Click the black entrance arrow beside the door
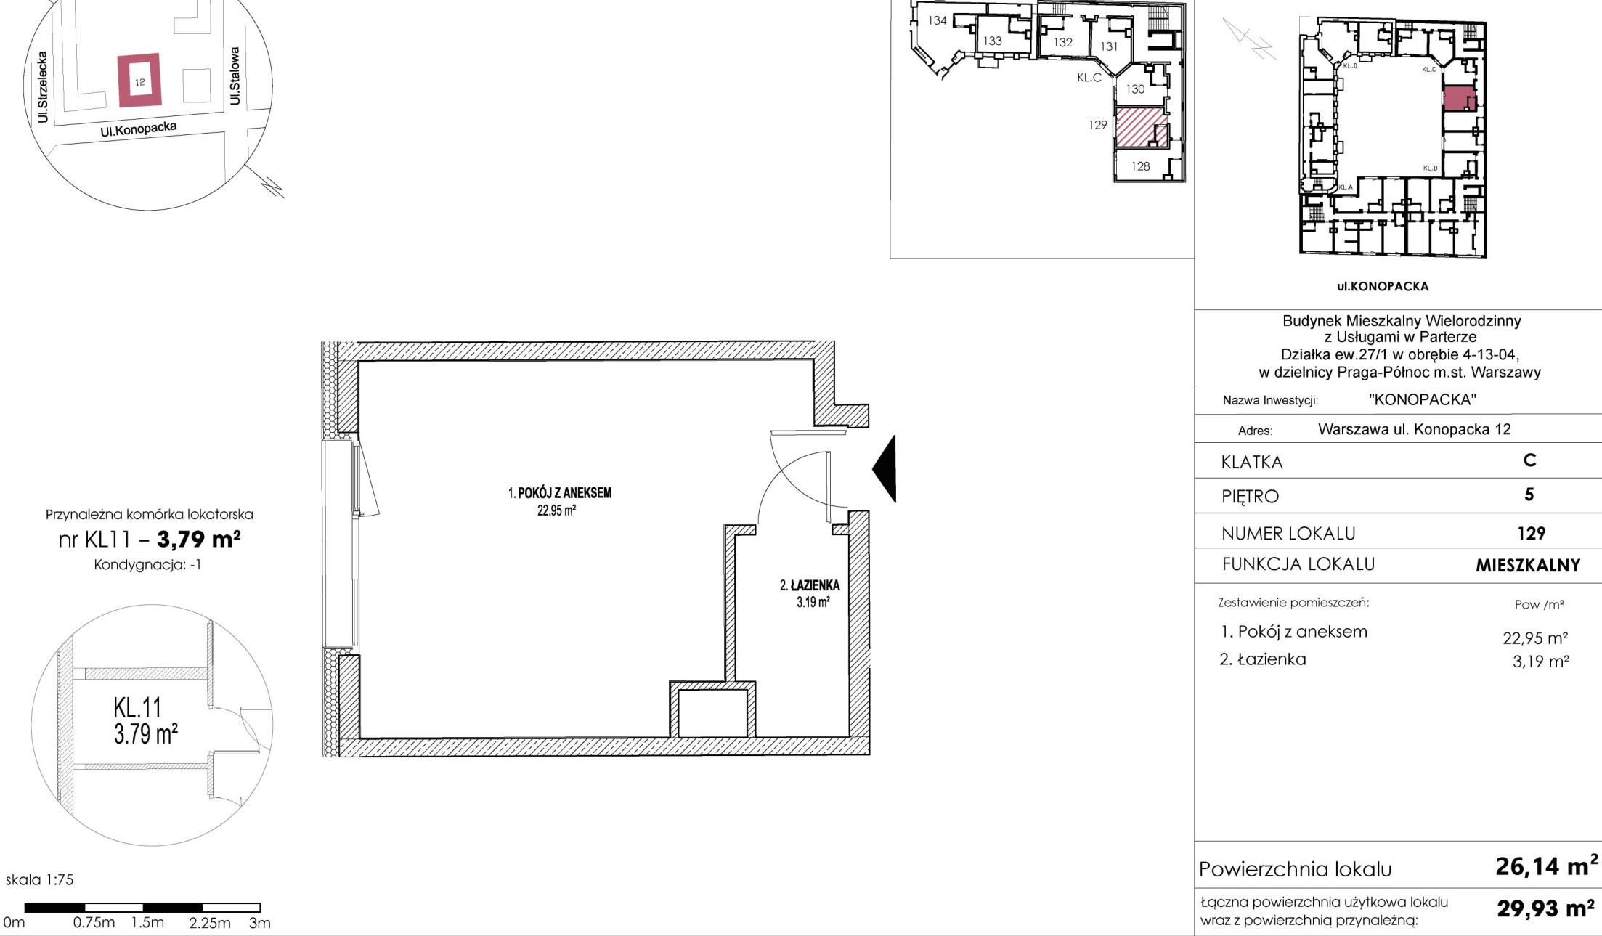pyautogui.click(x=887, y=469)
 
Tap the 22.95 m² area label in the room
pyautogui.click(x=556, y=510)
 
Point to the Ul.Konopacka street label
pyautogui.click(x=139, y=129)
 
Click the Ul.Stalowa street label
pyautogui.click(x=235, y=76)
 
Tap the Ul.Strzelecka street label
pyautogui.click(x=43, y=86)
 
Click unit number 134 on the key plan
pyautogui.click(x=938, y=20)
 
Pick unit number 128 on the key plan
pyautogui.click(x=1140, y=166)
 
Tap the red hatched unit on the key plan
pyautogui.click(x=1142, y=129)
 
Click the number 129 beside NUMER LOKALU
pyautogui.click(x=1531, y=534)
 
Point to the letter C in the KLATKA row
pyautogui.click(x=1529, y=460)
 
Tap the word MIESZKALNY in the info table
pyautogui.click(x=1528, y=566)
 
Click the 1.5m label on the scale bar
pyautogui.click(x=147, y=922)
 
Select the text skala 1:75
pyautogui.click(x=40, y=879)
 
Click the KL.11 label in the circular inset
pyautogui.click(x=137, y=707)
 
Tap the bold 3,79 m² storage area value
pyautogui.click(x=199, y=539)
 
